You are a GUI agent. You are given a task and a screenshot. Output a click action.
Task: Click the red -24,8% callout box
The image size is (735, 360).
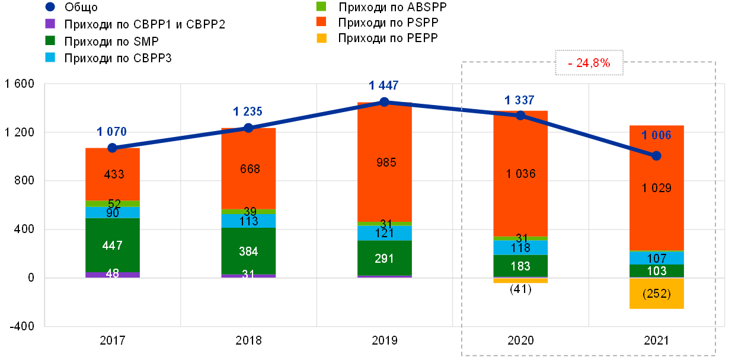589,62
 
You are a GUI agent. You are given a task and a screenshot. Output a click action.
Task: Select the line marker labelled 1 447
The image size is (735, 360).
384,101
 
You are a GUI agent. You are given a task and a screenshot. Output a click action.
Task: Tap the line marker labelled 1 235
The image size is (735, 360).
248,128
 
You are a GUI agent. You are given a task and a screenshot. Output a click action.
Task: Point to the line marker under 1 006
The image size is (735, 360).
656,155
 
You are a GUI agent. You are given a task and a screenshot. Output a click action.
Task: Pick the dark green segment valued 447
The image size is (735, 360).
113,245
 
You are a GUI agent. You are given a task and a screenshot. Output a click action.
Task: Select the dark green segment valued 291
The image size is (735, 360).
385,258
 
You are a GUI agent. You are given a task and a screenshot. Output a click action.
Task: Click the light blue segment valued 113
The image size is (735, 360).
248,221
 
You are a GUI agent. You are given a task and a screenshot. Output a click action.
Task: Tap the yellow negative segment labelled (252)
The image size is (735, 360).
657,294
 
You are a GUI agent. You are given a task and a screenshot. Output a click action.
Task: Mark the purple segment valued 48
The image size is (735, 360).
113,275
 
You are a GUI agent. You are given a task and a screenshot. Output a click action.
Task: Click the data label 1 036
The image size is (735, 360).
520,174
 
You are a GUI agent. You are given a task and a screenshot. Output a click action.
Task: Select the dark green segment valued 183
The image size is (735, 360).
520,266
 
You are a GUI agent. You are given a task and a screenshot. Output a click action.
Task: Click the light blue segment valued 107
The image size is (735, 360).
657,258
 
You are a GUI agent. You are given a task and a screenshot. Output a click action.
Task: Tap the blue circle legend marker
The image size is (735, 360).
50,7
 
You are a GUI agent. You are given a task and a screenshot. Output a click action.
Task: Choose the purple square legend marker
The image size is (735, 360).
50,24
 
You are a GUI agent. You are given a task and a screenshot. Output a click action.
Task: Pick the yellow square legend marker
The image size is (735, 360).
321,39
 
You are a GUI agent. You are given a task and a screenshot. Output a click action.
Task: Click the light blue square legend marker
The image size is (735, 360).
50,58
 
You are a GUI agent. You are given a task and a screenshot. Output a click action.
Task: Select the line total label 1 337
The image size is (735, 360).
520,100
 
